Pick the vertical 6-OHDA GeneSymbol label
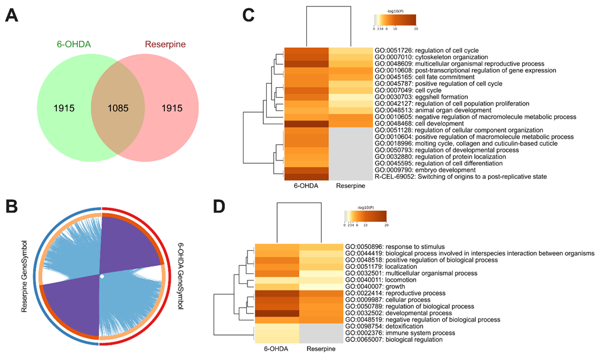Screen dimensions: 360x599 (x=181, y=275)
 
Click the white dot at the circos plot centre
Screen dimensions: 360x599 (x=102, y=276)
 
